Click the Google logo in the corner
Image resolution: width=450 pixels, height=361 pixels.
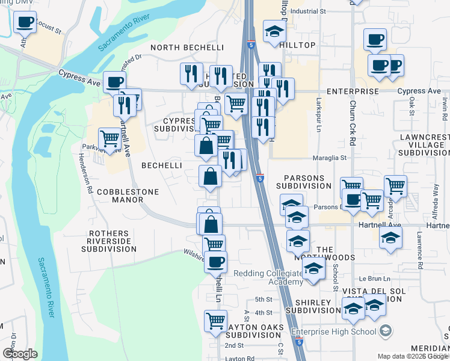click(20, 354)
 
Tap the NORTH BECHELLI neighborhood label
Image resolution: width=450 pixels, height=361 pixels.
click(187, 47)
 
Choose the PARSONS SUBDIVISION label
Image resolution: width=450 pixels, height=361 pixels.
click(304, 182)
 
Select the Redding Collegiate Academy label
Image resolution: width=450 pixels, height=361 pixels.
click(268, 277)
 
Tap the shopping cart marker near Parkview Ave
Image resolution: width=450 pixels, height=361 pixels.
click(109, 138)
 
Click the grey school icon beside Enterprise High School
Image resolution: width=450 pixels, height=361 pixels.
click(386, 331)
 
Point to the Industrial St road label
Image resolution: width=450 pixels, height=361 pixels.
click(307, 11)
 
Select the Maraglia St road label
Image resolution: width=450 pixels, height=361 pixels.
click(330, 158)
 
